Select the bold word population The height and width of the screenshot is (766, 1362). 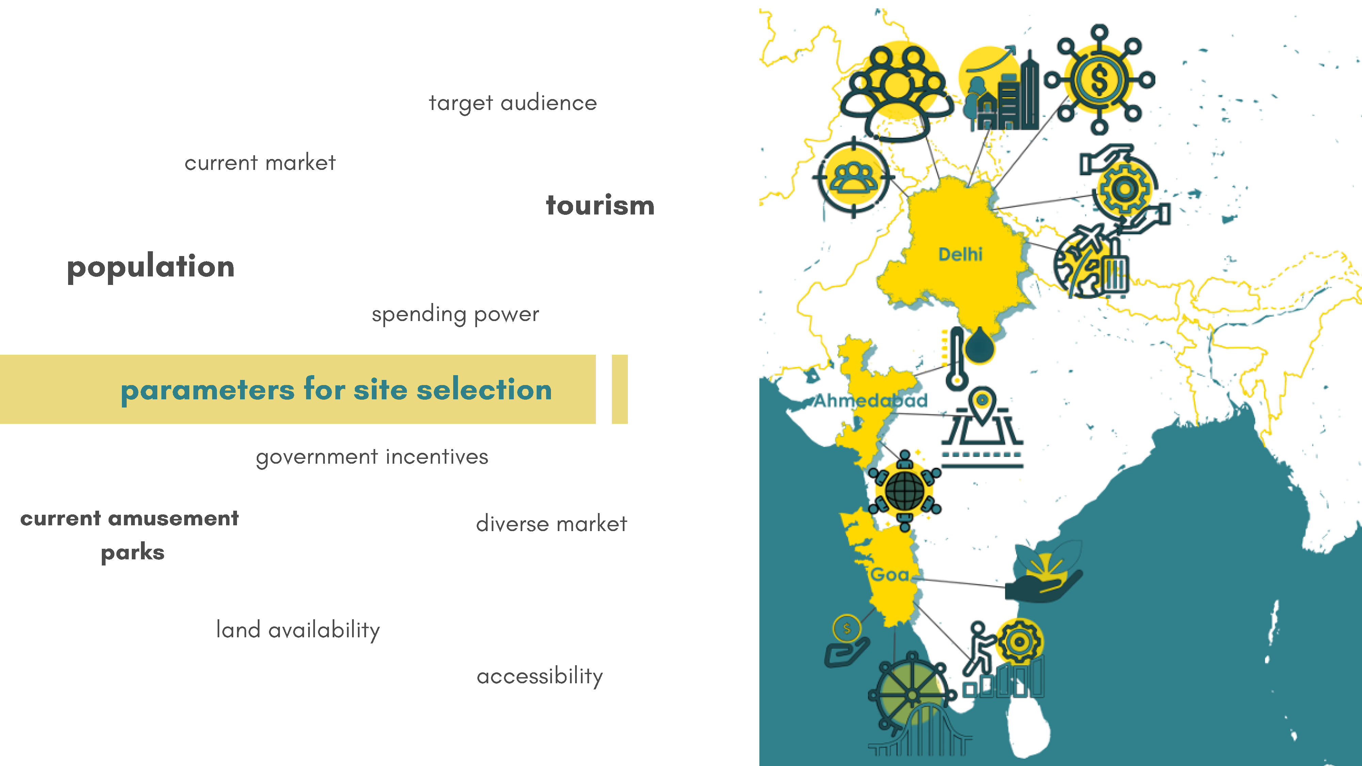151,267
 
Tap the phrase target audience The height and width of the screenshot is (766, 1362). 513,103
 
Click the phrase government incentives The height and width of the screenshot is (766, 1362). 372,457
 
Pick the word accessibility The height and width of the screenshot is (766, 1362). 540,676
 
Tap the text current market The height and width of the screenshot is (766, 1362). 260,163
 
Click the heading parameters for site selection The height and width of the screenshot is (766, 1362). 336,389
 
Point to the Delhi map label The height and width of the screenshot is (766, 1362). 960,254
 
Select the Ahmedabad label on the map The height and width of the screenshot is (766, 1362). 871,400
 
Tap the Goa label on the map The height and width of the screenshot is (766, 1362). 890,575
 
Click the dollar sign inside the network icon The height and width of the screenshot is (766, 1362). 1099,80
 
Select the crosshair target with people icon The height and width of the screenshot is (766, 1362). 853,177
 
